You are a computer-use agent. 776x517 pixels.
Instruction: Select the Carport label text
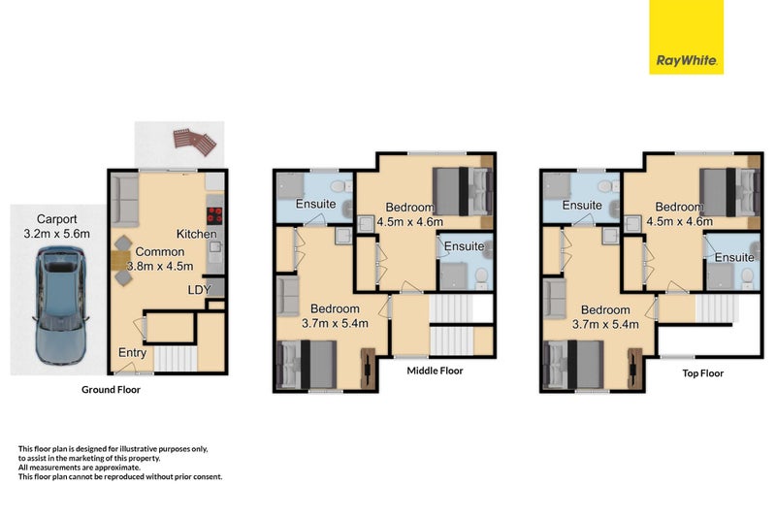(x=58, y=219)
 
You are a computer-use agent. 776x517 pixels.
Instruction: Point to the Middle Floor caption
(x=435, y=371)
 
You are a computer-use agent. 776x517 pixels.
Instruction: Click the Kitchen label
(x=197, y=235)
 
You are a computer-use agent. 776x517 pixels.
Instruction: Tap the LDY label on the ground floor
(x=198, y=289)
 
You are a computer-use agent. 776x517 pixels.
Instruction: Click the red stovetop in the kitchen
(x=214, y=216)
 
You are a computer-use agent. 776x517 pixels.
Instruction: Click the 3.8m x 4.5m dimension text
(x=159, y=266)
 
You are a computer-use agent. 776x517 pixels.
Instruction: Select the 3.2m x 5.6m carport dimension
(x=58, y=234)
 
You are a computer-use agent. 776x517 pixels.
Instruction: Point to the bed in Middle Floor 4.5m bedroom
(x=461, y=190)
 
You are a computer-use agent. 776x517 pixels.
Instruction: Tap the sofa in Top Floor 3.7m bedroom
(x=555, y=300)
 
